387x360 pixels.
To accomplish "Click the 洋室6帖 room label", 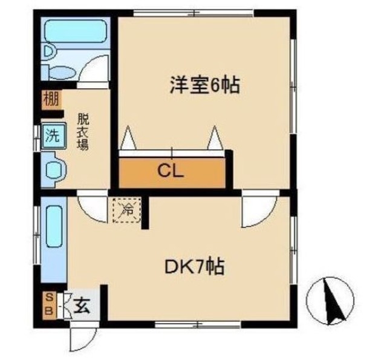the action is tap(204, 85).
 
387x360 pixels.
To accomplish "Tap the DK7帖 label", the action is tap(195, 267).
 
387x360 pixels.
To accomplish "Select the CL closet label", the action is tap(171, 171).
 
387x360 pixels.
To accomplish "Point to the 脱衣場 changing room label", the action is tap(83, 132).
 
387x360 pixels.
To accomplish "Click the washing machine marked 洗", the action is tap(54, 136).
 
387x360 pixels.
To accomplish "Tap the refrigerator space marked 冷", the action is tap(127, 210).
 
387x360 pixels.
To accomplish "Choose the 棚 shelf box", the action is tap(51, 99).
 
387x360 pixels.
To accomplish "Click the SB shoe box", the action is tap(50, 306).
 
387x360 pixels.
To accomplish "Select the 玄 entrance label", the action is tap(82, 306).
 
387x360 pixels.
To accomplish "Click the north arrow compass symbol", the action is tap(330, 300).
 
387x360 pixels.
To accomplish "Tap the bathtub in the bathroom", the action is tap(75, 31).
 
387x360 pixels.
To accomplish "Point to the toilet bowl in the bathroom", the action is tap(61, 72).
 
